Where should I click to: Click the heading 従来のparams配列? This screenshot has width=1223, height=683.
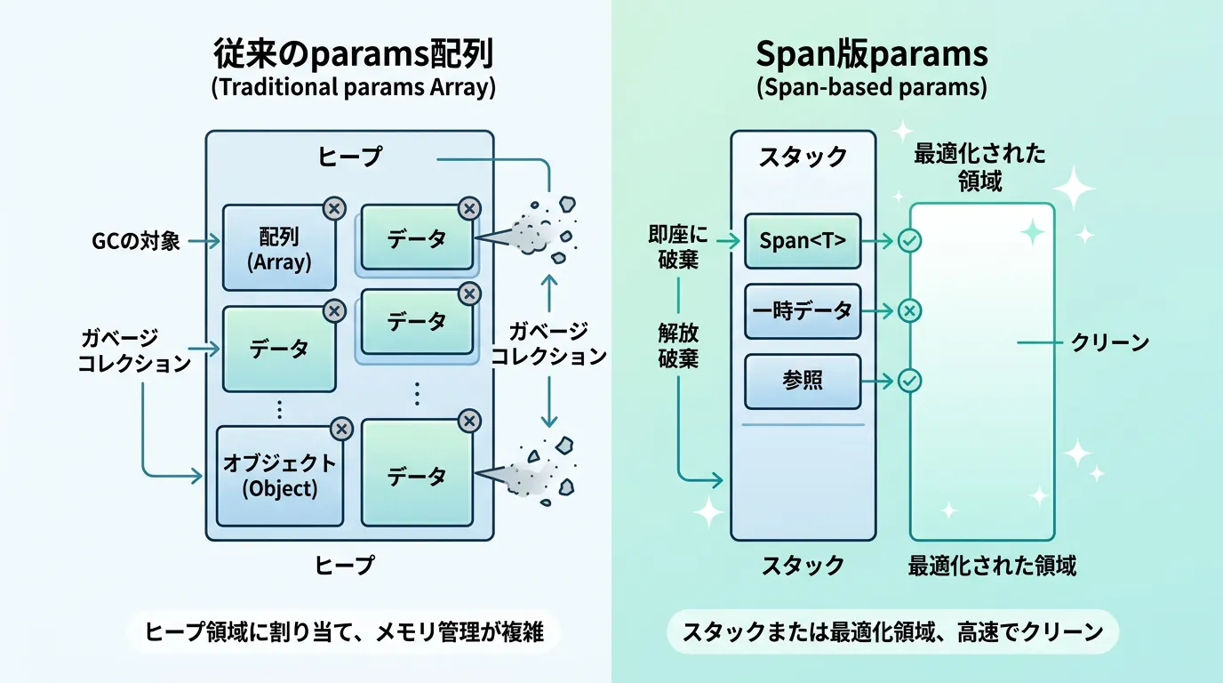point(354,55)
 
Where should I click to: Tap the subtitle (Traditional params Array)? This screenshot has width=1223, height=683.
point(354,88)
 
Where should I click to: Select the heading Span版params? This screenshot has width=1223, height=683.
point(871,55)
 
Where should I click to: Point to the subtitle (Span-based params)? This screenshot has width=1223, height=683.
point(871,88)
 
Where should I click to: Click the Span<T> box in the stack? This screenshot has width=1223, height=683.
point(803,241)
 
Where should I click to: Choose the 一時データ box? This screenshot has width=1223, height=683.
point(803,311)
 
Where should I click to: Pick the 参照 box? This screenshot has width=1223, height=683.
point(803,381)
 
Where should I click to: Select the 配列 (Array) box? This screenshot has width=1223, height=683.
point(279,247)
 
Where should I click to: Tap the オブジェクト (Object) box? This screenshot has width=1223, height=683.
point(279,476)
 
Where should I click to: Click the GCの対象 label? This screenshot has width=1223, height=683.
point(135,240)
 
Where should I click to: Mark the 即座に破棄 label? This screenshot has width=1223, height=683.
point(679,247)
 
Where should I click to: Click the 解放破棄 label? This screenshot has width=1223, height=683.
point(678,345)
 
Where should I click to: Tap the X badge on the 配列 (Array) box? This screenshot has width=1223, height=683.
point(334,209)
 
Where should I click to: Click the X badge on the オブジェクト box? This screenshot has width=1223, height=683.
point(341,429)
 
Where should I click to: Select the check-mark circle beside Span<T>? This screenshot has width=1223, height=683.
point(909,240)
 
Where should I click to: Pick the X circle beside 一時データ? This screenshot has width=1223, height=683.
point(909,310)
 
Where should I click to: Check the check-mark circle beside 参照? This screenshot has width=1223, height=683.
point(909,381)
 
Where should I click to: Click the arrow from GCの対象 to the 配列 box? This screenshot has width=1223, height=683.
point(204,240)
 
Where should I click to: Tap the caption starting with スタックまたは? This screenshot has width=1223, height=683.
point(892,632)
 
